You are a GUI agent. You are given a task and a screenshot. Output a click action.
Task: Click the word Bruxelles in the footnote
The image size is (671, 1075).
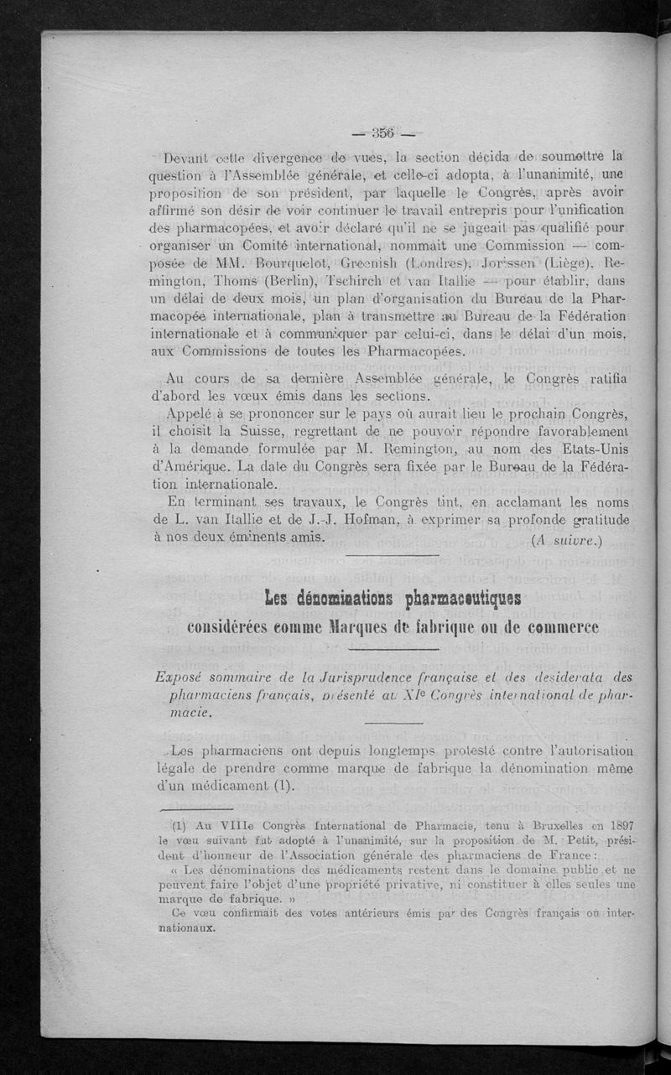[x=544, y=824]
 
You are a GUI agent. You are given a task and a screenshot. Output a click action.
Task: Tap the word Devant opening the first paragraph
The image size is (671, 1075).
[x=190, y=158]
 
